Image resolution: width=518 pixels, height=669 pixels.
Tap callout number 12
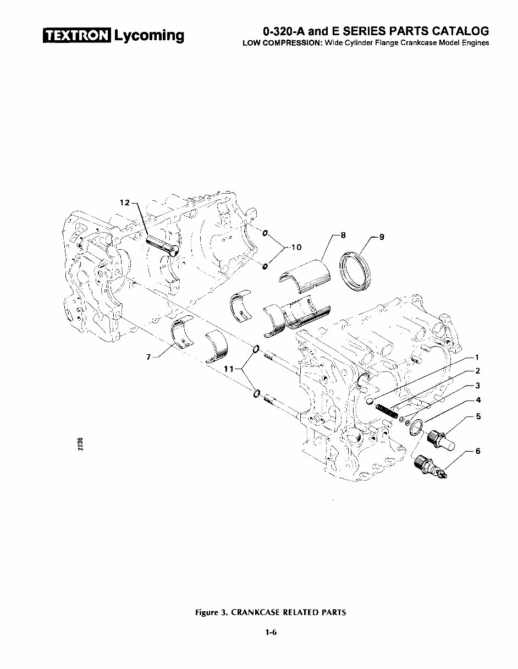pos(124,202)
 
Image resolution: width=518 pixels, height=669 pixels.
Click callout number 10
pos(296,248)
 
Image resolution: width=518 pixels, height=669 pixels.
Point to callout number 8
pos(343,235)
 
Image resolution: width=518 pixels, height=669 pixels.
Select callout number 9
pos(382,238)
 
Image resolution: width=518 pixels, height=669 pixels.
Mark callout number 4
pos(478,399)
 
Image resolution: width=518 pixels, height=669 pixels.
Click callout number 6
pos(477,451)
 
